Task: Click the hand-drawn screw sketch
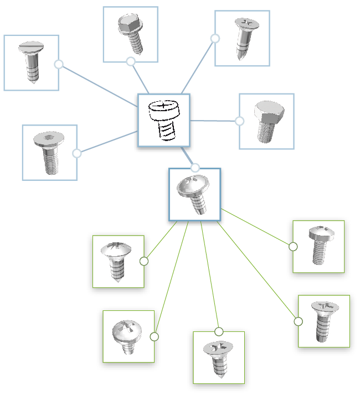pyautogui.click(x=163, y=120)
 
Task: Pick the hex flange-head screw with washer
pyautogui.click(x=130, y=34)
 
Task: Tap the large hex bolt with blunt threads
pyautogui.click(x=266, y=121)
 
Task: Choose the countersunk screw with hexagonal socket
pyautogui.click(x=49, y=152)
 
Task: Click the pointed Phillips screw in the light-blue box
pyautogui.click(x=242, y=38)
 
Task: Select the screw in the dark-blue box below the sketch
pyautogui.click(x=194, y=194)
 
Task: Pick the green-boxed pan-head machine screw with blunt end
pyautogui.click(x=318, y=246)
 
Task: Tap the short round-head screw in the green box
pyautogui.click(x=128, y=336)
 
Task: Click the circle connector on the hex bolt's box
pyautogui.click(x=239, y=121)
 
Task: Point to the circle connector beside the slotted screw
pyautogui.click(x=59, y=64)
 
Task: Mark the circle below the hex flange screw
pyautogui.click(x=131, y=61)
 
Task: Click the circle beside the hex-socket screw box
pyautogui.click(x=77, y=153)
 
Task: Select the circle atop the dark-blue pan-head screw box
pyautogui.click(x=195, y=168)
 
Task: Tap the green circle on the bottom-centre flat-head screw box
pyautogui.click(x=219, y=331)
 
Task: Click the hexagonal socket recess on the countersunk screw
pyautogui.click(x=49, y=136)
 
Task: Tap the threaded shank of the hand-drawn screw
pyautogui.click(x=164, y=131)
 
